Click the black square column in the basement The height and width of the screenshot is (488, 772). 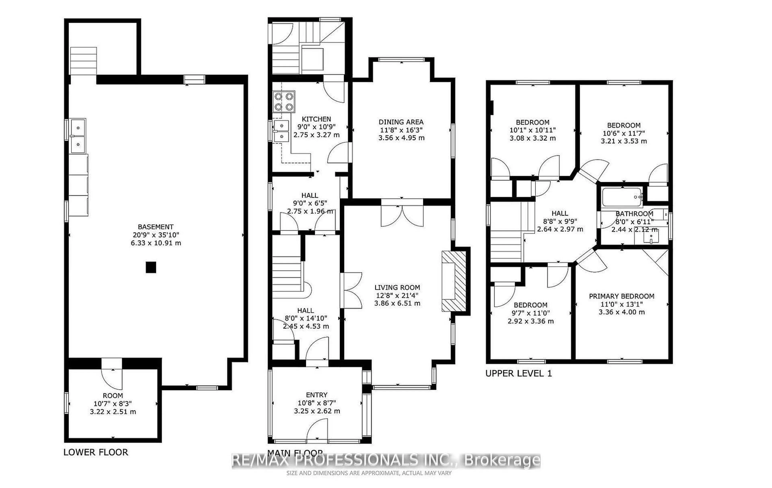tap(151, 267)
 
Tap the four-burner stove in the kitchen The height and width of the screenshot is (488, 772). tap(284, 102)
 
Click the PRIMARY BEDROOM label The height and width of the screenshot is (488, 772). tap(621, 296)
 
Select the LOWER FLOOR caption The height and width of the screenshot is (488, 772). tap(95, 452)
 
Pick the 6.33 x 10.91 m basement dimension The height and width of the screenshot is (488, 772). tap(156, 243)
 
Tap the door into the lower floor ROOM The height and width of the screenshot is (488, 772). tap(112, 374)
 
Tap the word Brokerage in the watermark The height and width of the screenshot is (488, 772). tap(502, 461)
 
